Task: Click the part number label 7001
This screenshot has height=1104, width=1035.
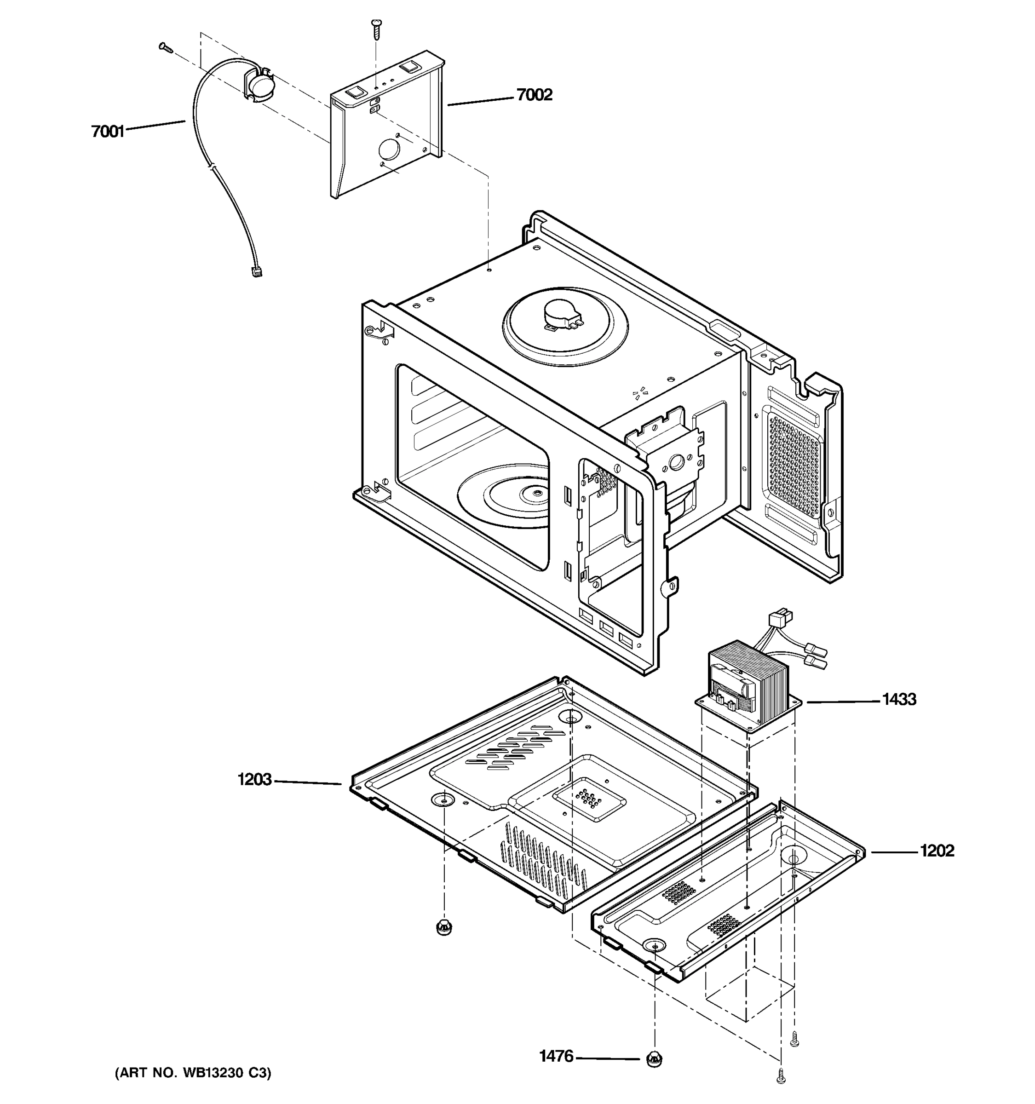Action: click(x=108, y=132)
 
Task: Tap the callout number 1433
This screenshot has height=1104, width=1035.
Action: click(x=898, y=699)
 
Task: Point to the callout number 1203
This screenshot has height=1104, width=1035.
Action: click(x=254, y=780)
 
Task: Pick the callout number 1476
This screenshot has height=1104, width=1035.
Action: click(x=556, y=1056)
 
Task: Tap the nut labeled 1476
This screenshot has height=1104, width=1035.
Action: click(x=654, y=1059)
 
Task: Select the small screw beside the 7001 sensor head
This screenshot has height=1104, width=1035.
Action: click(x=166, y=48)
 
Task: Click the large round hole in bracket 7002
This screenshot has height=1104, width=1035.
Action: click(x=389, y=149)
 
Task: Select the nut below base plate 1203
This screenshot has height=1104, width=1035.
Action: click(x=443, y=927)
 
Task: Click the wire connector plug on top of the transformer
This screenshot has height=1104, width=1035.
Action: click(x=780, y=617)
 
